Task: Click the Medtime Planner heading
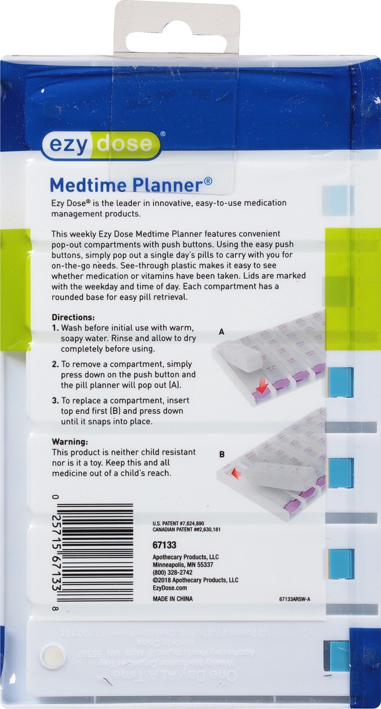[x=131, y=184]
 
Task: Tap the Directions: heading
[x=73, y=317]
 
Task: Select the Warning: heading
[x=70, y=441]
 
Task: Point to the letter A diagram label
[x=222, y=332]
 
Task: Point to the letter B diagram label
[x=222, y=454]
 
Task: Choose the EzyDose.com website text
[x=169, y=588]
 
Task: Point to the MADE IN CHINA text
[x=173, y=599]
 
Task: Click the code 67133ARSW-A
[x=294, y=599]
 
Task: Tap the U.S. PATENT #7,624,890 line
[x=178, y=523]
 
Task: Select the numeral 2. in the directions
[x=55, y=365]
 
